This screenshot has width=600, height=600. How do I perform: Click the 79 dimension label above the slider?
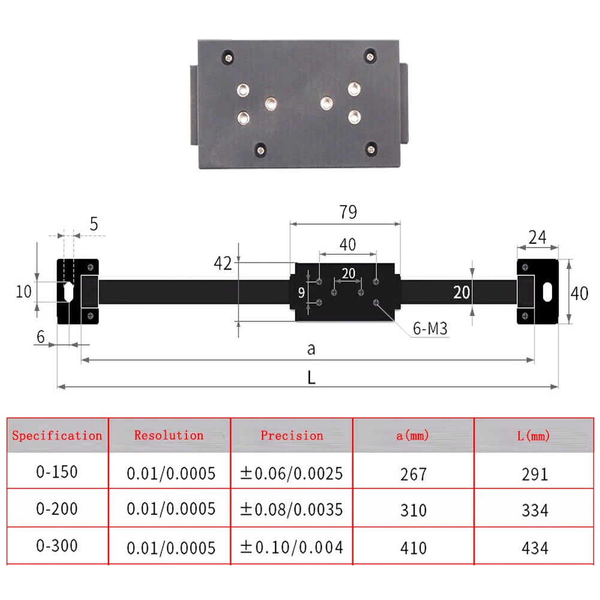point(348,212)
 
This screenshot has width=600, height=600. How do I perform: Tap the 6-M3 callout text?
point(430,328)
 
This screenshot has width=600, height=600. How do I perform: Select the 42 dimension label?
point(222,263)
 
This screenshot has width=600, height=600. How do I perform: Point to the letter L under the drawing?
point(311,378)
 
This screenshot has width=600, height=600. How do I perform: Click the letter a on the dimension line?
point(310,349)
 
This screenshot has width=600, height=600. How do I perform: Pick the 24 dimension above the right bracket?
point(537,237)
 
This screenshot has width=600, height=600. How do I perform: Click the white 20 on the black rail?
point(462,293)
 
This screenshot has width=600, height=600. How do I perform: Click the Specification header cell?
point(57,436)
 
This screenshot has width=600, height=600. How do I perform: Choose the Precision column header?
point(292,436)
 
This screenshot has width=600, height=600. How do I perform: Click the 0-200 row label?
point(57,509)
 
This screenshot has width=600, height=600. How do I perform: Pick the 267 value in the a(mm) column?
point(414,474)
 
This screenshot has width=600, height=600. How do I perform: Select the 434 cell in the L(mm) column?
point(535,547)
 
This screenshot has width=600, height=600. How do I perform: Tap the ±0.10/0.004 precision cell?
point(292,547)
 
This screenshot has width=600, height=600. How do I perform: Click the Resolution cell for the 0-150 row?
point(171,474)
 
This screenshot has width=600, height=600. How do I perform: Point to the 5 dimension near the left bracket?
point(94,224)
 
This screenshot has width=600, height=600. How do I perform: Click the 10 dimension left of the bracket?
point(23,292)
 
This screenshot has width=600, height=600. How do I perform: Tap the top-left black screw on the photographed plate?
point(228,56)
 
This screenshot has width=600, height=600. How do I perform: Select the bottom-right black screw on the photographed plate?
point(372,147)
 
